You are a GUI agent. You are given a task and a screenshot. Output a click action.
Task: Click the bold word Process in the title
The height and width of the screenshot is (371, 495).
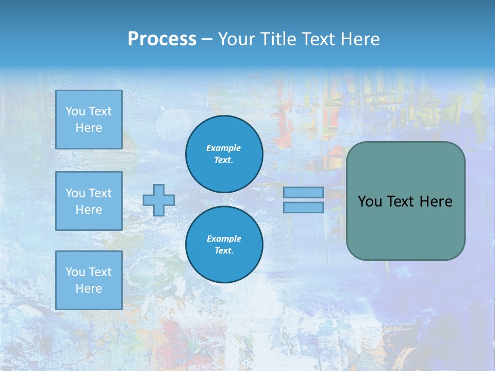click(162, 39)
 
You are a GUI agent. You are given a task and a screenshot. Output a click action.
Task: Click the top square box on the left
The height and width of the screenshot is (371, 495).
click(89, 120)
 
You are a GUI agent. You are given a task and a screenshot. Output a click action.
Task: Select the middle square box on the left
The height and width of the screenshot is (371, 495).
click(89, 201)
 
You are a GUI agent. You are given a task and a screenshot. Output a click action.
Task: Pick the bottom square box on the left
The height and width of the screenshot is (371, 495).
click(89, 280)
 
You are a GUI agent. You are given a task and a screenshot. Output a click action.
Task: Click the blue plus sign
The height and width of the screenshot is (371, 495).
click(158, 200)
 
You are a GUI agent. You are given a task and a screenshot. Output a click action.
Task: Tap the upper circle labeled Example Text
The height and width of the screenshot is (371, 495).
click(224, 154)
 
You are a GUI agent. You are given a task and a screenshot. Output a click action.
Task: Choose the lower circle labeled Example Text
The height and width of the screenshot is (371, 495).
click(224, 244)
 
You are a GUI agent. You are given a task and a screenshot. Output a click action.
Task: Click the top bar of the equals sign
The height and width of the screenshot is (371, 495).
click(303, 192)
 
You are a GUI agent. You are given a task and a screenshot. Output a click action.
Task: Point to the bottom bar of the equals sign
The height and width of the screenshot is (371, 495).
click(303, 207)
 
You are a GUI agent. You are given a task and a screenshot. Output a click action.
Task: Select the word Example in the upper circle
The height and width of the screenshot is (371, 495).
click(224, 148)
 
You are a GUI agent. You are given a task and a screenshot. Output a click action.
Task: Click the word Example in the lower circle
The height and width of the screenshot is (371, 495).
click(224, 239)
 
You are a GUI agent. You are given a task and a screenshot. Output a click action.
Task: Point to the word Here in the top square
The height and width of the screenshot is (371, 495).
click(89, 128)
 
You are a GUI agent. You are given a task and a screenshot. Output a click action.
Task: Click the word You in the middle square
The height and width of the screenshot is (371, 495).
click(74, 193)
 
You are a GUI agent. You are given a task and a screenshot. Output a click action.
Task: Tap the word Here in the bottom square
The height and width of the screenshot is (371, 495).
click(89, 289)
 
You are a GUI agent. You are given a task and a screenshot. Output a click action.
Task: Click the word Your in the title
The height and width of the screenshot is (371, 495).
click(236, 39)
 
